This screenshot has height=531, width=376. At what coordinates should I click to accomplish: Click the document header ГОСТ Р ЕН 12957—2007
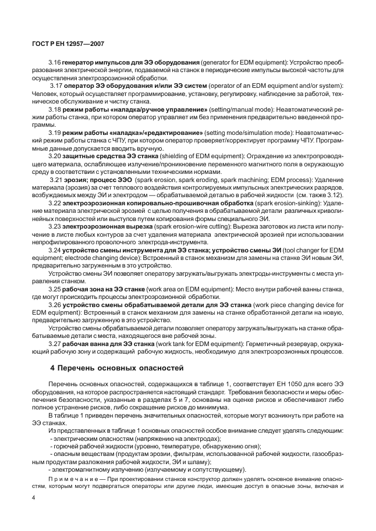64,43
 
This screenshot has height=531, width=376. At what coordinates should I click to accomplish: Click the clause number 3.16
55,62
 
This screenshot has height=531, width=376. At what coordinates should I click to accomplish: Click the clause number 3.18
55,109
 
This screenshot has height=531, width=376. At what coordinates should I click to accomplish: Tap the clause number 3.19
55,133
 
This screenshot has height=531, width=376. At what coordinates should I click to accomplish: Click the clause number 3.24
55,250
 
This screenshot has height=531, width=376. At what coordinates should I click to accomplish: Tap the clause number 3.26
55,305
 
